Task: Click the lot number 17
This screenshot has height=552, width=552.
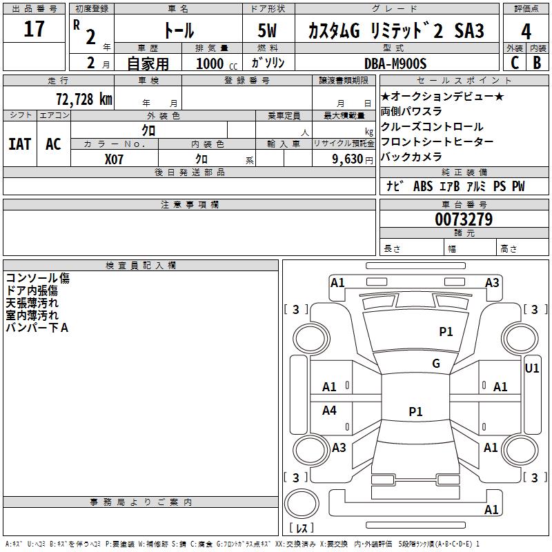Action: pyautogui.click(x=34, y=29)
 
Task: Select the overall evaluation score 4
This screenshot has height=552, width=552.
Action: pyautogui.click(x=526, y=32)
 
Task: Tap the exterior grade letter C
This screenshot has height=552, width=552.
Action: pyautogui.click(x=514, y=62)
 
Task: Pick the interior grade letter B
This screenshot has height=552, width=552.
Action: pyautogui.click(x=538, y=62)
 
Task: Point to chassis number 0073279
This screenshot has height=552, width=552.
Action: pyautogui.click(x=464, y=220)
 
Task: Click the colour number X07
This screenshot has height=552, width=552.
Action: pyautogui.click(x=115, y=159)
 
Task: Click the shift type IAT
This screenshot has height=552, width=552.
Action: pyautogui.click(x=19, y=144)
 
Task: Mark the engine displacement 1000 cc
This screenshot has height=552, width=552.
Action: pyautogui.click(x=215, y=63)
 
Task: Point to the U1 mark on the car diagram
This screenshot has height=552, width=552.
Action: pyautogui.click(x=532, y=368)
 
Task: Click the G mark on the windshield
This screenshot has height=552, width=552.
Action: pyautogui.click(x=435, y=364)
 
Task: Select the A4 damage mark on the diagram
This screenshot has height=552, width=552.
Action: pyautogui.click(x=330, y=411)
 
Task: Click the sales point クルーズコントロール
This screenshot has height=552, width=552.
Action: pyautogui.click(x=432, y=127)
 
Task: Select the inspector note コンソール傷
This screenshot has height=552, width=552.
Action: pyautogui.click(x=38, y=278)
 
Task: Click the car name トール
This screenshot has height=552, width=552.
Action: pyautogui.click(x=177, y=31)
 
